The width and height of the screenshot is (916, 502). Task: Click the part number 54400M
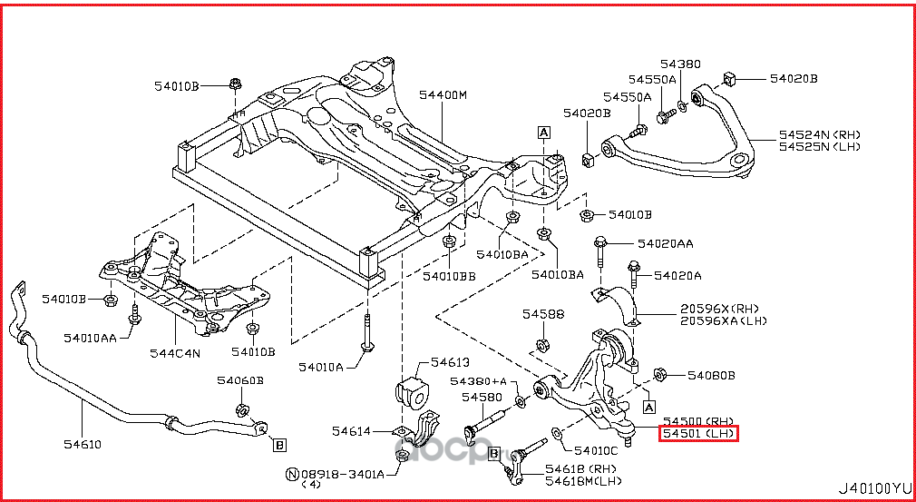(x=443, y=94)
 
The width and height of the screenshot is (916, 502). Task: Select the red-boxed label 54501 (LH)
(x=698, y=435)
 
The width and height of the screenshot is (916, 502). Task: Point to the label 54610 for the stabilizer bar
(x=82, y=444)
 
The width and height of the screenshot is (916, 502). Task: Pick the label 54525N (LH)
(x=819, y=147)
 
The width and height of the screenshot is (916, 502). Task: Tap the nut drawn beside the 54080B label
(x=660, y=374)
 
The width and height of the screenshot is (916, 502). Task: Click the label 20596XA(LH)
(x=724, y=320)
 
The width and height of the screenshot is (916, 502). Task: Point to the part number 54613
(x=450, y=360)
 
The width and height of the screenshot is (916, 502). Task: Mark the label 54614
(x=351, y=431)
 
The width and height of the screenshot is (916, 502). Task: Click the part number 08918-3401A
(x=343, y=474)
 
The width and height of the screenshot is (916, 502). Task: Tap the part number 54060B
(x=239, y=380)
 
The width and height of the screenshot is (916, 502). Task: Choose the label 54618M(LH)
(x=583, y=480)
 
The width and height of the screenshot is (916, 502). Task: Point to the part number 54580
(x=481, y=397)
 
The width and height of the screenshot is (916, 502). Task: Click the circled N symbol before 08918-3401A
(x=292, y=474)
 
